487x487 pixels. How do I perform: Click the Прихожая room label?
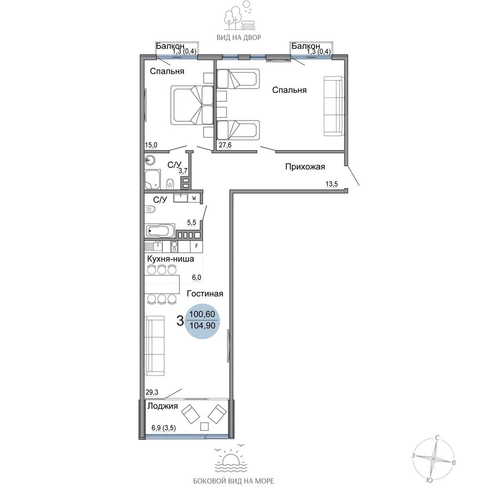click(305, 167)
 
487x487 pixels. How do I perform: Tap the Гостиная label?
click(205, 294)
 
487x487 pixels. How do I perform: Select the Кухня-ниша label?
click(170, 259)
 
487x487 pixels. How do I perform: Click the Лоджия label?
click(163, 406)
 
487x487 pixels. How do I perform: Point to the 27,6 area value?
click(225, 145)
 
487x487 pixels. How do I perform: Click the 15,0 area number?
click(151, 145)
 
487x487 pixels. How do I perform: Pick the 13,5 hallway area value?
click(331, 184)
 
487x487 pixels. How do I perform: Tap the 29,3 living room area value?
click(152, 392)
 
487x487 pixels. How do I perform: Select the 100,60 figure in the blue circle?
click(202, 314)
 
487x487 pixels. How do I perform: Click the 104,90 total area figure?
click(202, 325)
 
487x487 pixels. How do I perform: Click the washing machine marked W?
click(194, 198)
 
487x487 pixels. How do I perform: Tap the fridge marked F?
click(196, 246)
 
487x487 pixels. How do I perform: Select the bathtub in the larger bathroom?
click(160, 231)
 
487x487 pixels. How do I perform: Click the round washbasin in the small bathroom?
click(150, 160)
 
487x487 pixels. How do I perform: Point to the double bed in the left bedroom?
click(191, 106)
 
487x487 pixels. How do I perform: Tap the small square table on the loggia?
click(204, 427)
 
